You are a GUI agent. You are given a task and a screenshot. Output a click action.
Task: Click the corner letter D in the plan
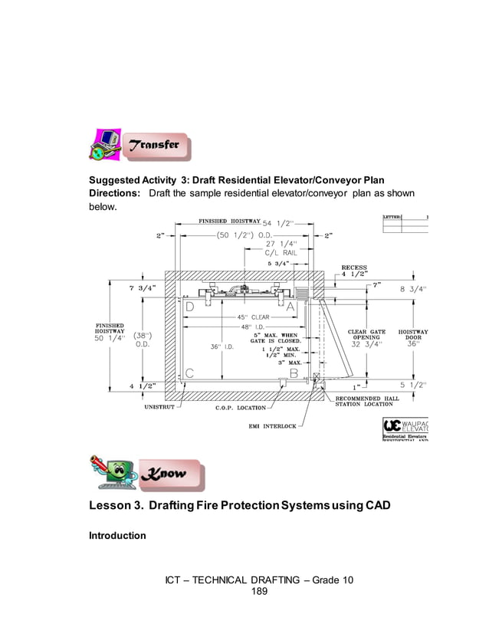[189, 307]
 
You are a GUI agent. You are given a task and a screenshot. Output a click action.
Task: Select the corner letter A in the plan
[291, 307]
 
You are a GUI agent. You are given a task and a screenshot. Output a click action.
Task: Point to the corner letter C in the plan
[189, 373]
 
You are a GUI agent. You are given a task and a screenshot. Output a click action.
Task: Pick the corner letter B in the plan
[293, 373]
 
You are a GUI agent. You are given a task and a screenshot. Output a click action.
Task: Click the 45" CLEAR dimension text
[252, 317]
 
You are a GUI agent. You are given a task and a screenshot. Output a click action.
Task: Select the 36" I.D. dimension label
[222, 346]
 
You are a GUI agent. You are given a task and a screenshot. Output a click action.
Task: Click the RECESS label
[353, 268]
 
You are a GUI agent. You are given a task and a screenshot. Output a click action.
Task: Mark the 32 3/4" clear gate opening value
[366, 344]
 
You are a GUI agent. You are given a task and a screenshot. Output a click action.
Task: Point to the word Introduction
[118, 535]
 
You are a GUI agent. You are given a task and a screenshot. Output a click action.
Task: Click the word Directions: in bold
[115, 193]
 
